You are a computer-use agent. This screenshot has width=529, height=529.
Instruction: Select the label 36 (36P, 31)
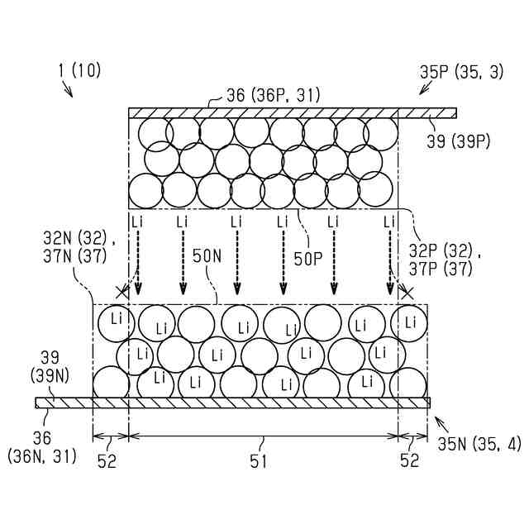point(274,96)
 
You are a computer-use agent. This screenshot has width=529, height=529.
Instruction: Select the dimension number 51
point(259,461)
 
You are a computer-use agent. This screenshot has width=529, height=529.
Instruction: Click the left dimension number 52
point(107,461)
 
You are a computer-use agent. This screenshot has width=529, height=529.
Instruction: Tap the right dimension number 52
point(409,461)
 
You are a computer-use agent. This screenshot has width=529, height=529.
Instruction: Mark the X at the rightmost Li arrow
point(405,291)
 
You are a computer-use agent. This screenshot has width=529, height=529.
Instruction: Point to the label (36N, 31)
point(41,455)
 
